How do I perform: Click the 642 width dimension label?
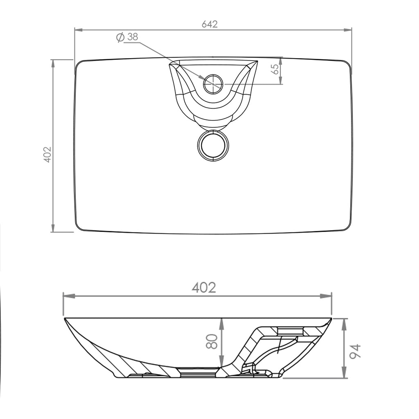point(209,24)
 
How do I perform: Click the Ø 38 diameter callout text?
point(128,37)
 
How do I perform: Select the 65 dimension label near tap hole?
point(276,68)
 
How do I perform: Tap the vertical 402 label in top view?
point(47,154)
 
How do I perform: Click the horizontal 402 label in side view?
point(204,288)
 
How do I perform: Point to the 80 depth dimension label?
point(211,341)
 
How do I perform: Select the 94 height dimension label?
point(356,351)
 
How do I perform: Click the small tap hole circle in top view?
point(213,84)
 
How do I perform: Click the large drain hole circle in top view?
point(213,145)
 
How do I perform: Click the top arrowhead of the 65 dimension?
point(282,60)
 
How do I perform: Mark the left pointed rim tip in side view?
point(65,318)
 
